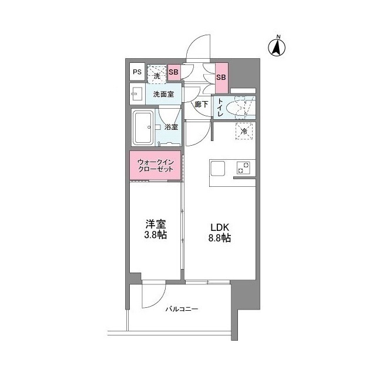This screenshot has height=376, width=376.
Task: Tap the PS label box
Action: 136,72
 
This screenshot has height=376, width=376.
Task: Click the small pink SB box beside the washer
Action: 174,72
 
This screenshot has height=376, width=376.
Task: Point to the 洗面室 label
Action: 163,94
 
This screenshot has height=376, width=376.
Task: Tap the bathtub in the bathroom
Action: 143,127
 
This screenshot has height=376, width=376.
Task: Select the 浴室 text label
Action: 171,127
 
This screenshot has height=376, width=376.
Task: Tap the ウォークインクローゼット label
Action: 156,165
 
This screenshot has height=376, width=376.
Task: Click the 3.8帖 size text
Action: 156,235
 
